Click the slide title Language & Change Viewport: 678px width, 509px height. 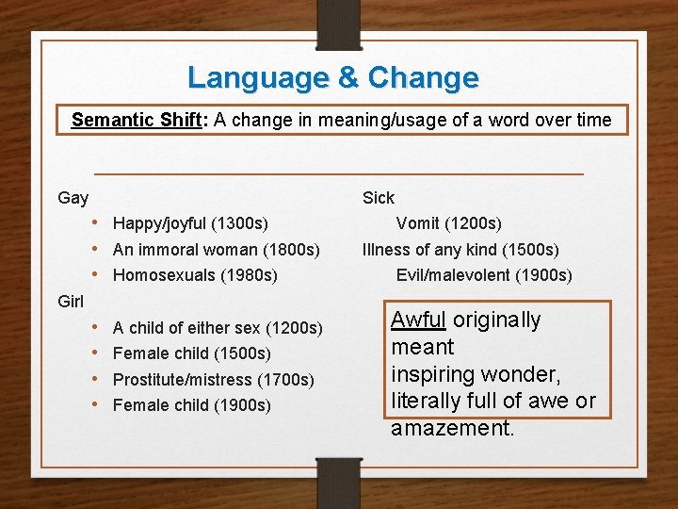(x=332, y=77)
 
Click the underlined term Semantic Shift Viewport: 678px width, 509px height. (x=136, y=120)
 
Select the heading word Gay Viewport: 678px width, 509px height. (x=73, y=198)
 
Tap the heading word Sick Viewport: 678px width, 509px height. (x=379, y=198)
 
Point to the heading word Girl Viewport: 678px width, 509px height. (x=72, y=302)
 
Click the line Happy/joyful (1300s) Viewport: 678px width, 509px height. (x=190, y=223)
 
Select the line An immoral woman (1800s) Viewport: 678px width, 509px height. (x=216, y=250)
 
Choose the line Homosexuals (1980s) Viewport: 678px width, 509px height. (x=195, y=275)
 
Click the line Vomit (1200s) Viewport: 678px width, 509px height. (x=448, y=223)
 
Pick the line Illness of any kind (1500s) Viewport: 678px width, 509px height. (x=460, y=250)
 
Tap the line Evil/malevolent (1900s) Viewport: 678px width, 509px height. (x=484, y=275)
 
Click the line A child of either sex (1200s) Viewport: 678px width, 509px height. (x=218, y=328)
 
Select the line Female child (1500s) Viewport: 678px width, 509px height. (x=191, y=353)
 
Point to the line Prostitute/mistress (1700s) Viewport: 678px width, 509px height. (x=213, y=380)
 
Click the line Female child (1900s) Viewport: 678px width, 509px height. (x=191, y=405)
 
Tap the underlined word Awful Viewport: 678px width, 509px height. (x=419, y=320)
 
